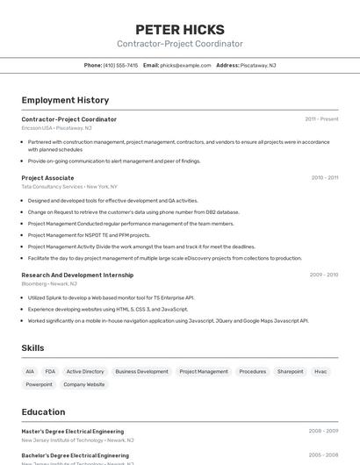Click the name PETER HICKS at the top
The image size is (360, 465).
(180, 29)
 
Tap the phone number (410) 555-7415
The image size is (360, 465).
(120, 65)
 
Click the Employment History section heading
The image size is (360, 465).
(65, 100)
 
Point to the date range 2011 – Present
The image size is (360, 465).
(321, 118)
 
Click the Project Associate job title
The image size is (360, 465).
(47, 177)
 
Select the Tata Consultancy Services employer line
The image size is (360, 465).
(68, 187)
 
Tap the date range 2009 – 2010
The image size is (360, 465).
(323, 275)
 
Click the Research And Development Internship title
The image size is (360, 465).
(77, 275)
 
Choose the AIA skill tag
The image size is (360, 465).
(30, 371)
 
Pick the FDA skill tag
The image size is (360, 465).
(50, 371)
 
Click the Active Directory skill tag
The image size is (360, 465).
(85, 371)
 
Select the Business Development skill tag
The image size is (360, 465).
(141, 371)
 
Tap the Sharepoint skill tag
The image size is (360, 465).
(290, 371)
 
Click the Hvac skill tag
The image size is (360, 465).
(320, 371)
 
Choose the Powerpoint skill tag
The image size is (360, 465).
(39, 384)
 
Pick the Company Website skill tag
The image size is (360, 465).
(83, 384)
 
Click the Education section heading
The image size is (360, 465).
(43, 411)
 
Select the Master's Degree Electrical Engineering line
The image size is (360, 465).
(72, 431)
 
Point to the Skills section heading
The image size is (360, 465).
(32, 348)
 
